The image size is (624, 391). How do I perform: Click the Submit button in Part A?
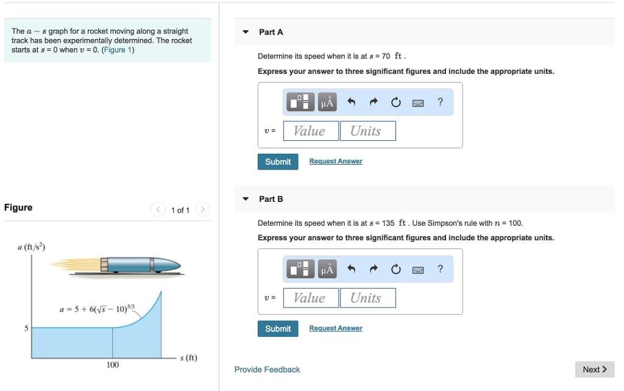tap(278, 162)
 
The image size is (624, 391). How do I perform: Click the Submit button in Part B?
tap(278, 329)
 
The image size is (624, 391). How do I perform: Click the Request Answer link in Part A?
tap(335, 162)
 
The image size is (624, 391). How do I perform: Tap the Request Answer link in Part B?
tap(335, 329)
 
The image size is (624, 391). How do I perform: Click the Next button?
tap(594, 369)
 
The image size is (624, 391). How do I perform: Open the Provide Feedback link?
tap(267, 370)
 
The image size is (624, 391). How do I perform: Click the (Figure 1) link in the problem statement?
tap(118, 50)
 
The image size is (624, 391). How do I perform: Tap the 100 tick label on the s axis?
tap(113, 365)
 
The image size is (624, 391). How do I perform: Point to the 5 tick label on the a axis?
tap(26, 328)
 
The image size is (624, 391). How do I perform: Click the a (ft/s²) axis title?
tap(32, 246)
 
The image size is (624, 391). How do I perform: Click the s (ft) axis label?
tap(188, 357)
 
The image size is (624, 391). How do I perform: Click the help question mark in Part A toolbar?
tap(440, 102)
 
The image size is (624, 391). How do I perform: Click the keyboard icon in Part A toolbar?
tap(418, 102)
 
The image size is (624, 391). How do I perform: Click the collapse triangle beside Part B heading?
tap(246, 199)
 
